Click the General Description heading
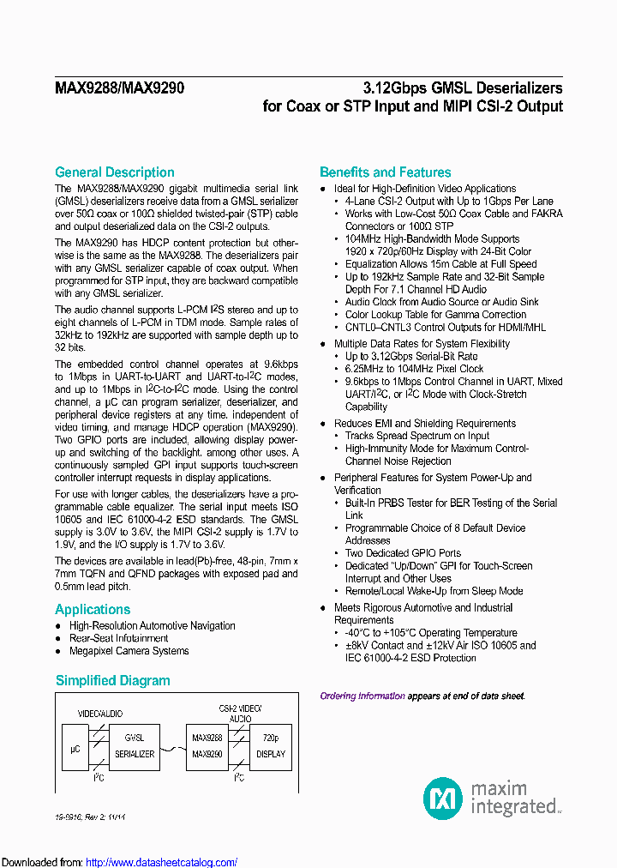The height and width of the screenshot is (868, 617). click(114, 172)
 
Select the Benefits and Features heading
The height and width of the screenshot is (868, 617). click(385, 172)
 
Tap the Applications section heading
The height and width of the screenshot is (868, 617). click(93, 609)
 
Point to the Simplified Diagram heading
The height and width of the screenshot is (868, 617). click(112, 680)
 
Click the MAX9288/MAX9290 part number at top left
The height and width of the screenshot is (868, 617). click(119, 87)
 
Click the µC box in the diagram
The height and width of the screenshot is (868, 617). click(75, 749)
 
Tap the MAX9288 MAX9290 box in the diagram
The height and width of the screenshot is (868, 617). click(207, 746)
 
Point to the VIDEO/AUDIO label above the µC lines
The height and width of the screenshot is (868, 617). click(101, 714)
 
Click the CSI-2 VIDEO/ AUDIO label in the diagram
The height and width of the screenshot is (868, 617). click(240, 714)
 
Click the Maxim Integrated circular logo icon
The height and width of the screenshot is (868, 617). click(443, 799)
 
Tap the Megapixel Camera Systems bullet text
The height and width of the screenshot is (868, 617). click(129, 651)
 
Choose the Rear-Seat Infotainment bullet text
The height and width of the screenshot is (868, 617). click(119, 638)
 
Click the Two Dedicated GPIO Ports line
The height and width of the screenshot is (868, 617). click(403, 553)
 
